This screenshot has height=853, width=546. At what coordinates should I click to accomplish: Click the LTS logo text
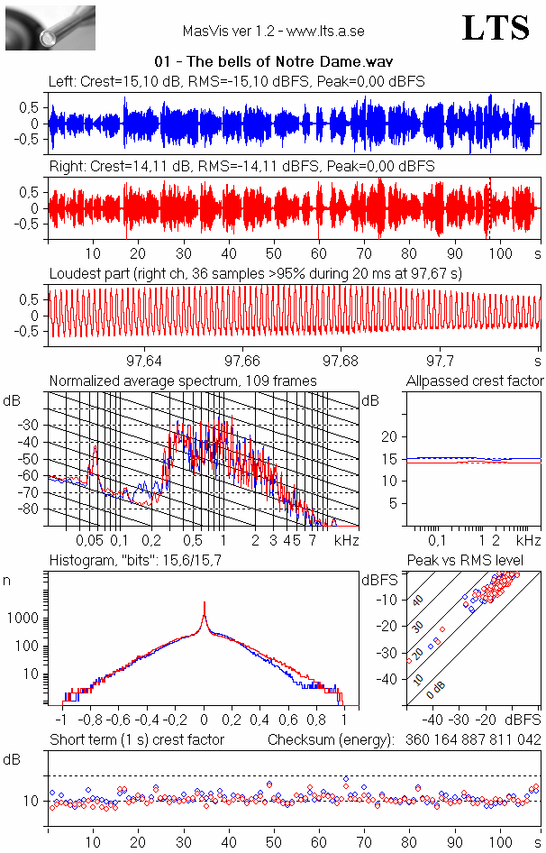click(495, 28)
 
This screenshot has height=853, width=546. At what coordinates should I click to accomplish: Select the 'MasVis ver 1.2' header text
click(273, 31)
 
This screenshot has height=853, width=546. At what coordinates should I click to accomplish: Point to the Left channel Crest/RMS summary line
click(237, 82)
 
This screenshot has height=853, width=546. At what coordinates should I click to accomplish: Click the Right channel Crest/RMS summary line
click(241, 167)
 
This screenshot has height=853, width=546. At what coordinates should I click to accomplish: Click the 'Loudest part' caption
click(255, 273)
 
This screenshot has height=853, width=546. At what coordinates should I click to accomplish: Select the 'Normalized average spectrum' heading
click(183, 381)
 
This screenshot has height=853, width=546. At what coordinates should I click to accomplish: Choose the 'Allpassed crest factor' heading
click(475, 381)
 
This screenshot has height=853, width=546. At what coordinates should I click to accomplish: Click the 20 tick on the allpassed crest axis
click(389, 436)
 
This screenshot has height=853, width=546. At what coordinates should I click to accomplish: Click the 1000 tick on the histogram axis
click(23, 619)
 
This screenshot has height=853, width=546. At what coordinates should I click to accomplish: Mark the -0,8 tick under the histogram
click(90, 720)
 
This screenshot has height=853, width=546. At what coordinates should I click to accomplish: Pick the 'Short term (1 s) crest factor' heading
click(136, 740)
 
